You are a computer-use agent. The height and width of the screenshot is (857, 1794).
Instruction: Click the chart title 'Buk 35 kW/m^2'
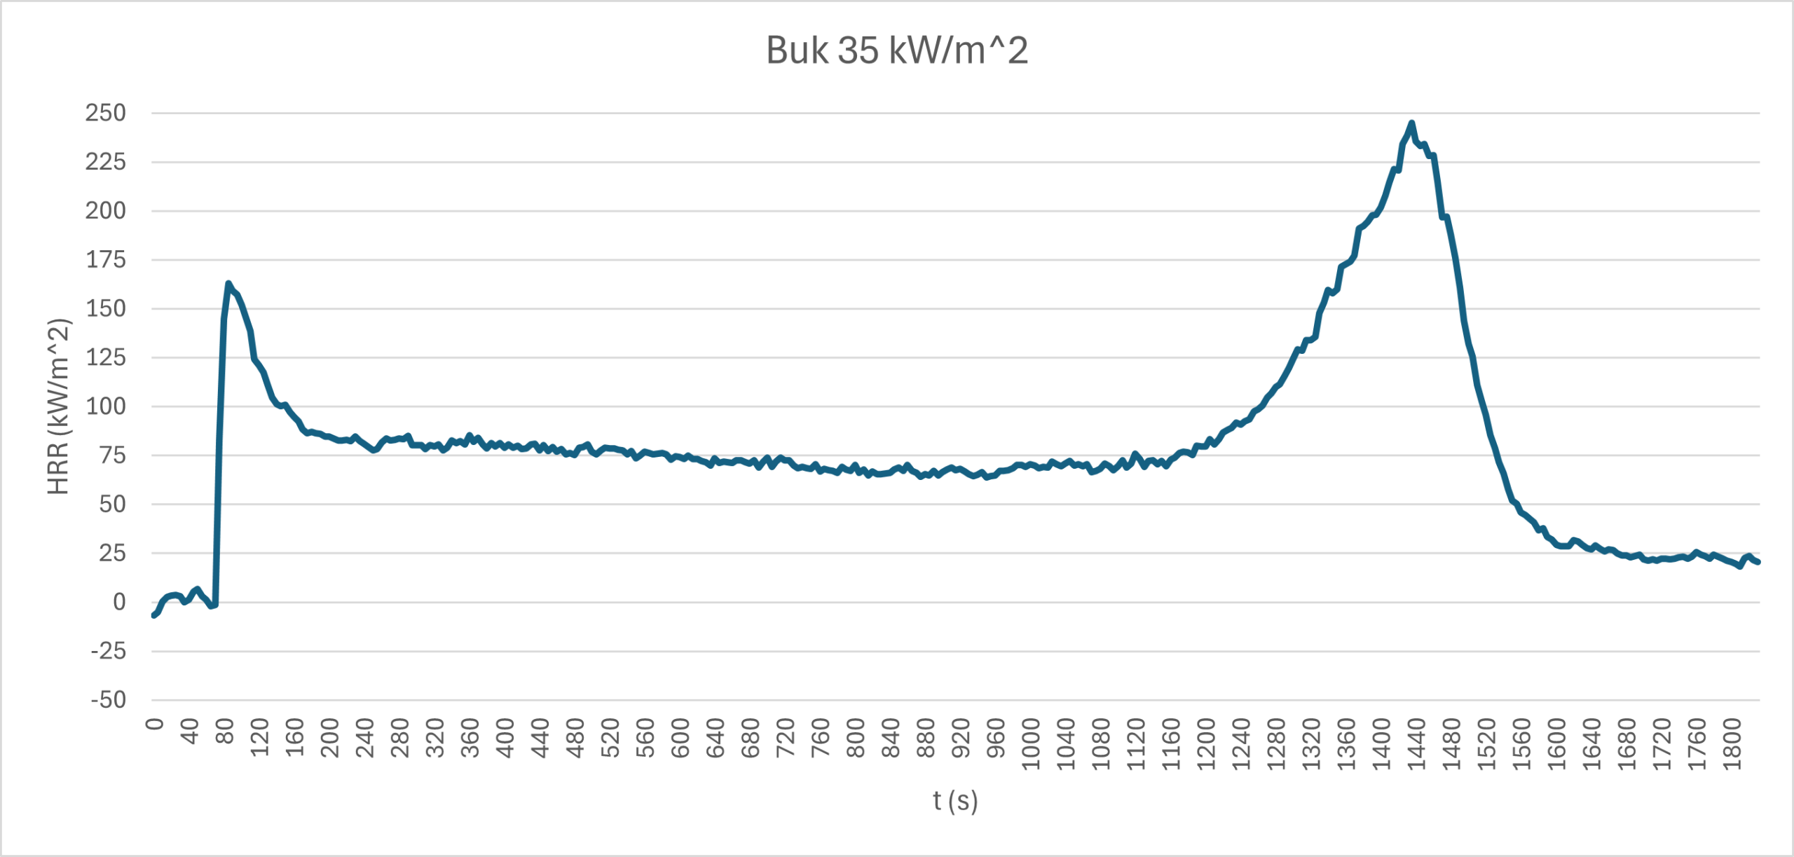coord(897,50)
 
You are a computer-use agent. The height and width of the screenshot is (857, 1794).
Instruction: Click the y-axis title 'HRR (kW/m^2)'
coord(59,406)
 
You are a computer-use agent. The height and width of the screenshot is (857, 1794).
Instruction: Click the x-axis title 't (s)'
coord(955,800)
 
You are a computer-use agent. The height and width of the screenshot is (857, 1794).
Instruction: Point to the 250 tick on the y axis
coord(106,113)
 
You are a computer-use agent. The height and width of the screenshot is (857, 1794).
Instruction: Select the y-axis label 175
coord(106,260)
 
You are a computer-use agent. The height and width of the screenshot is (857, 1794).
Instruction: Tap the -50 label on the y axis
coord(109,699)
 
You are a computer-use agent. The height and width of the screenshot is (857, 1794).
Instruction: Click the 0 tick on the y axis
coord(120,602)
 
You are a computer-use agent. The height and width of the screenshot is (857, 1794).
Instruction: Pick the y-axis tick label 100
coord(106,406)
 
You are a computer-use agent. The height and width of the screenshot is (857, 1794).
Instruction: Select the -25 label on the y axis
coord(109,651)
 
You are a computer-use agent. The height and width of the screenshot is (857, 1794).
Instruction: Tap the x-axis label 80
coord(224,732)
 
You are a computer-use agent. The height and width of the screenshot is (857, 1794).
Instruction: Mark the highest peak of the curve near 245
coord(1411,123)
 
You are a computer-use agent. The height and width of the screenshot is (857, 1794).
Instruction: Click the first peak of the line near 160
coord(228,284)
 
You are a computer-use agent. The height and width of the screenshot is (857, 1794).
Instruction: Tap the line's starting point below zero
coord(153,615)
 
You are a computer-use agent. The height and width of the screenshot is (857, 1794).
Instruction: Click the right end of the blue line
coord(1758,562)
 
